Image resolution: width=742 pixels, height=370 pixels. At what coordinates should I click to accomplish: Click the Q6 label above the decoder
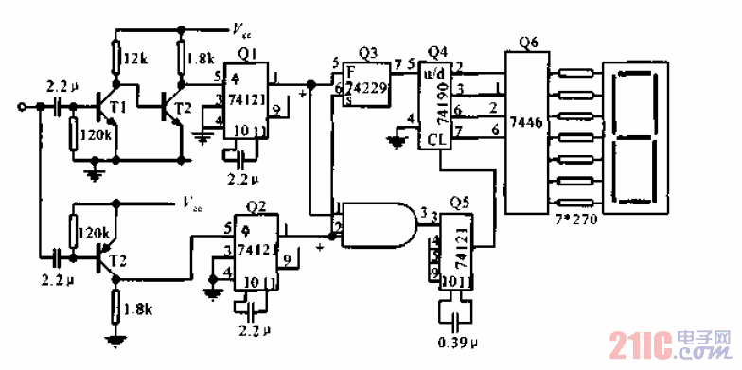click(529, 44)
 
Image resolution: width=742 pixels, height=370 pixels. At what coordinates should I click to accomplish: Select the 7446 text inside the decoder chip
click(526, 122)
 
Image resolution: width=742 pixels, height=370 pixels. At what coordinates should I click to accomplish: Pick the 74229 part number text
click(364, 87)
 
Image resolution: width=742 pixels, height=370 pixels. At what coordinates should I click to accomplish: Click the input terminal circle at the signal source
click(22, 108)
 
